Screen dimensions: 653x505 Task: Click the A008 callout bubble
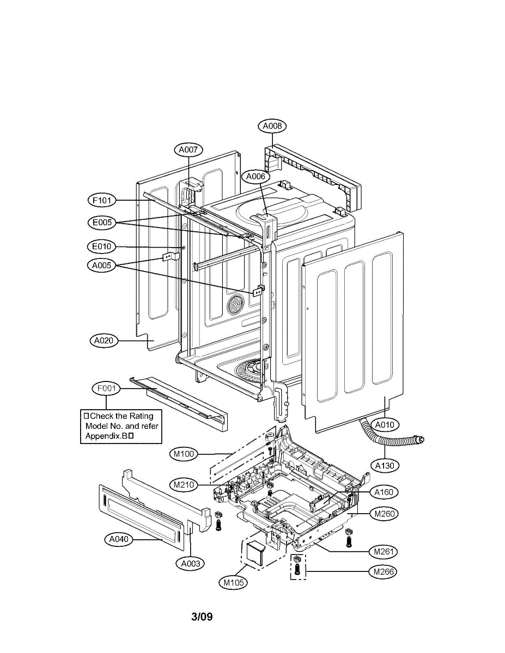pos(272,126)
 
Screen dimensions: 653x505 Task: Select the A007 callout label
pos(188,149)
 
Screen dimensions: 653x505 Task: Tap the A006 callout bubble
pos(255,176)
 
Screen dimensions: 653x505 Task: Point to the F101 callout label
pos(102,201)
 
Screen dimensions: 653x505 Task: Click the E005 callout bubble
pos(102,222)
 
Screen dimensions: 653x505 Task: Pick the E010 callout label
pos(102,247)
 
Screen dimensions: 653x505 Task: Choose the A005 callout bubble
pos(102,265)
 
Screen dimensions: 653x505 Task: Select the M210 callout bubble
pos(184,484)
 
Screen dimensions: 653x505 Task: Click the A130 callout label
pos(386,465)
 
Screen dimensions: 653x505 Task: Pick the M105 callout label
pos(233,583)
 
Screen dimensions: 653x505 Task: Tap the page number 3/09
pos(202,617)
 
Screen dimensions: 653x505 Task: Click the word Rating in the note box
pos(141,416)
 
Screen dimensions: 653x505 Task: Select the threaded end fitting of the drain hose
pos(419,439)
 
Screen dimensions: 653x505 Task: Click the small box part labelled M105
pos(253,552)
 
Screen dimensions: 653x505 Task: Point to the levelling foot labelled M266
pos(297,567)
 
